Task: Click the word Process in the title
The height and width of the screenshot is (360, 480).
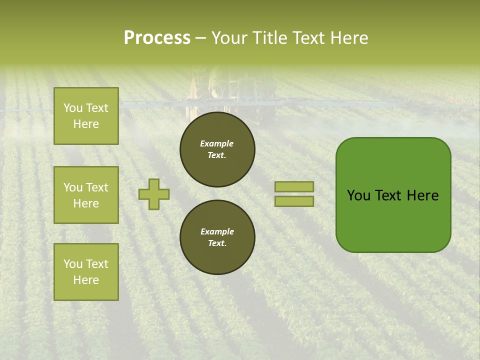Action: click(x=157, y=38)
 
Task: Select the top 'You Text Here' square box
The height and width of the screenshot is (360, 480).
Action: click(x=86, y=116)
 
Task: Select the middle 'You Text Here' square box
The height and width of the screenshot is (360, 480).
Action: click(x=86, y=195)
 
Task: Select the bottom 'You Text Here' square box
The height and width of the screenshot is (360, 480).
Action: click(x=86, y=272)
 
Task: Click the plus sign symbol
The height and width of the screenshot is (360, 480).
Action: click(x=154, y=194)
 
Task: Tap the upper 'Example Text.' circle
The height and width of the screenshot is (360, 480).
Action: click(x=217, y=149)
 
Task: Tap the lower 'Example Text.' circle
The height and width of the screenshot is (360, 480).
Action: click(x=217, y=237)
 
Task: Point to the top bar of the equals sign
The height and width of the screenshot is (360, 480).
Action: click(x=294, y=186)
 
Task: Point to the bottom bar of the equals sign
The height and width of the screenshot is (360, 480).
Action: click(x=294, y=201)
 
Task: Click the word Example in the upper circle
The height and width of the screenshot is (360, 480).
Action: click(x=217, y=143)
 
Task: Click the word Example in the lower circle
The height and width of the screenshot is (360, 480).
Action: click(x=217, y=231)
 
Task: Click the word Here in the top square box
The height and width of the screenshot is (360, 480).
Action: click(x=86, y=124)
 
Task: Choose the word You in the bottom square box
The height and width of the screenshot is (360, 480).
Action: click(x=72, y=264)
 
